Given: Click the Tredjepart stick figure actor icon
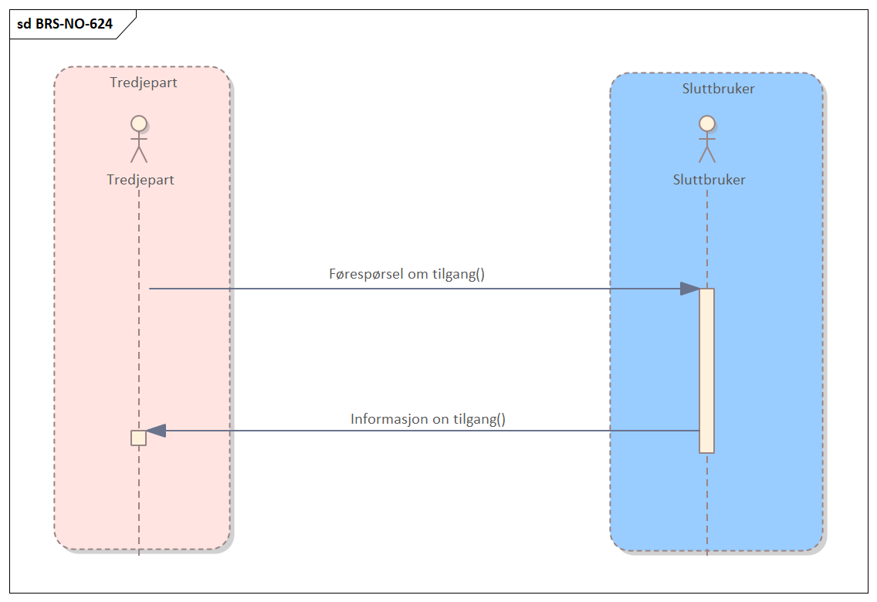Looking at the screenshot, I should point(139,139).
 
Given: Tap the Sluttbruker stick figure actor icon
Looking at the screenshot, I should point(706,139).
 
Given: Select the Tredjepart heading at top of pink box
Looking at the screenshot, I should point(144,83).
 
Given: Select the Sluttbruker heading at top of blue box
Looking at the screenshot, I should point(718,89).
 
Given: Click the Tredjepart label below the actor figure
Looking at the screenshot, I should point(141,180).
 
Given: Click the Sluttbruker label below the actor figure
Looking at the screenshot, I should point(709,180).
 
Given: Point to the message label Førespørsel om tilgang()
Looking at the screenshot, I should point(407,274).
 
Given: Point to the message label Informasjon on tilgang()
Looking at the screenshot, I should point(428,420).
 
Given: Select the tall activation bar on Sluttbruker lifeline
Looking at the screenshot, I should point(706,370).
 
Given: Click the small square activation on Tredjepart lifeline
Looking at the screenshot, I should point(139,438).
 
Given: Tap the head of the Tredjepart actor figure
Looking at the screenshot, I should point(139,123).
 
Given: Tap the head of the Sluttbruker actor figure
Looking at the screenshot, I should point(706,123).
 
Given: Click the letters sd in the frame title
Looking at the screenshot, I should point(24,24).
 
